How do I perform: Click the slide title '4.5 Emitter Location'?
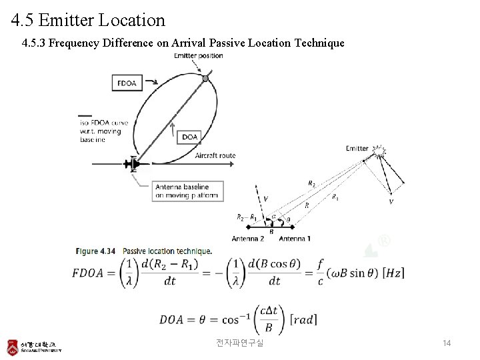(x=88, y=20)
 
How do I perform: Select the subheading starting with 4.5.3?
(x=183, y=43)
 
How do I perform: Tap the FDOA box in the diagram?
(x=127, y=83)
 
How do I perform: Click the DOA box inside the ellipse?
(x=190, y=137)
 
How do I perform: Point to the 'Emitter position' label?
(x=199, y=55)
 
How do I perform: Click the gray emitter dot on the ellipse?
(x=205, y=79)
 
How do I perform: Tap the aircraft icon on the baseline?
(x=134, y=163)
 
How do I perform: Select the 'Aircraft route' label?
(x=215, y=155)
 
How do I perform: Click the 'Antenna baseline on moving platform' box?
(x=187, y=191)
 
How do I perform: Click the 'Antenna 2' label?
(x=248, y=239)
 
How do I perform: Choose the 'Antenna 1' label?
(x=294, y=239)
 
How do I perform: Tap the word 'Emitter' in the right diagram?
(x=357, y=148)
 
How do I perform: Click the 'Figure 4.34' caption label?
(x=96, y=251)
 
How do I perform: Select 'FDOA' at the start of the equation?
(x=93, y=273)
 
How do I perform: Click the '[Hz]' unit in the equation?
(x=390, y=273)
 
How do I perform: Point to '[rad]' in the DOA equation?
(x=303, y=320)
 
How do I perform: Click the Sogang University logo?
(x=34, y=347)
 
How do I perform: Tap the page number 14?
(x=447, y=343)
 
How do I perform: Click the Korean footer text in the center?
(x=240, y=343)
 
